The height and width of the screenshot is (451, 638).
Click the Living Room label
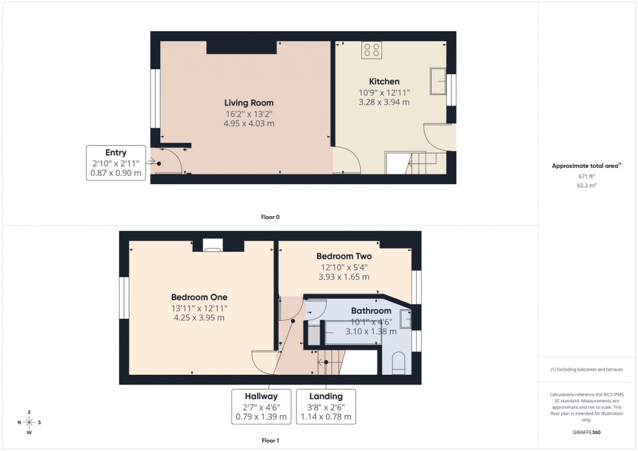(x=249, y=103)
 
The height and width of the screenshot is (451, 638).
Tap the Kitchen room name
(x=384, y=81)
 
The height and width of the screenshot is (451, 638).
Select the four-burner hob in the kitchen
(x=371, y=50)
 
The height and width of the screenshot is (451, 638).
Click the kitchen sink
(x=437, y=81)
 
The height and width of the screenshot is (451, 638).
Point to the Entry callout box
(x=116, y=163)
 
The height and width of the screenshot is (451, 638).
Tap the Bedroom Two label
(x=344, y=256)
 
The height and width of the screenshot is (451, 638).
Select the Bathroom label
(x=371, y=311)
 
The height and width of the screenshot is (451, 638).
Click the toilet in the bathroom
(x=399, y=363)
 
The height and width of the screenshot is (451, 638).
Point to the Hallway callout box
(x=260, y=406)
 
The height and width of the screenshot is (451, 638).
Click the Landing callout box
(x=326, y=406)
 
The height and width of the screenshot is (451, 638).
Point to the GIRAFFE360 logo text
(x=588, y=431)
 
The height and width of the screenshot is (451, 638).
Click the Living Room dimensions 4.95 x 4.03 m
(x=249, y=123)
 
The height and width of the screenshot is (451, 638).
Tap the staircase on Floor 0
(x=417, y=163)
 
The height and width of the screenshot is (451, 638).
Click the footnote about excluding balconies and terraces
(x=587, y=369)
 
